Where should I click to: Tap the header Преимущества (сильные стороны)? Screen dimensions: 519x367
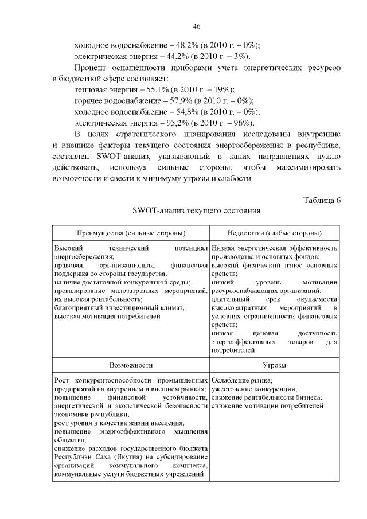pyautogui.click(x=131, y=233)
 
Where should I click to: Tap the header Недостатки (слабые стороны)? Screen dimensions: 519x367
pyautogui.click(x=275, y=233)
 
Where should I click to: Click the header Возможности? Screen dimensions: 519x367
pyautogui.click(x=131, y=365)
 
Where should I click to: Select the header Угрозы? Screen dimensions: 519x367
pyautogui.click(x=275, y=365)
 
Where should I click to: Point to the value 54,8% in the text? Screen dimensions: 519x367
pyautogui.click(x=181, y=112)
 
